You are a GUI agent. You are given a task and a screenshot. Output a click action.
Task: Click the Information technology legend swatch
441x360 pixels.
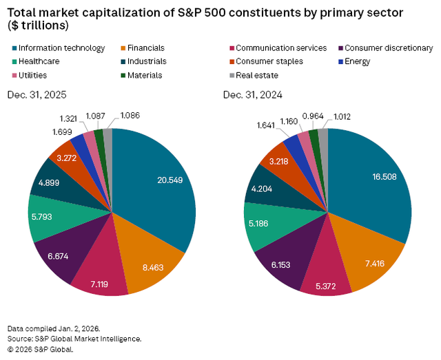point(14,49)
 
